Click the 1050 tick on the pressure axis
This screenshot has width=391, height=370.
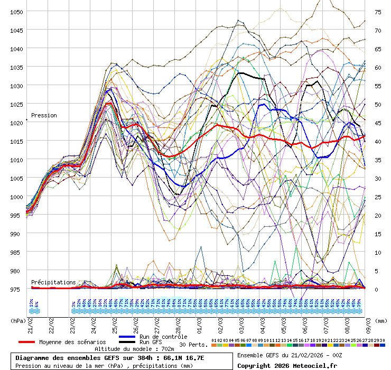[x=15, y=12]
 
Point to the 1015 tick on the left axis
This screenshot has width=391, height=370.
[x=15, y=141]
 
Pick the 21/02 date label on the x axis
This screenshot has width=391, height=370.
[x=31, y=321]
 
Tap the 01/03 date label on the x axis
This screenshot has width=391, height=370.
[x=200, y=321]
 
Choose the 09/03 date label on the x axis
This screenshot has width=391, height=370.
[x=369, y=321]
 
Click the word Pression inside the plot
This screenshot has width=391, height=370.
[x=44, y=115]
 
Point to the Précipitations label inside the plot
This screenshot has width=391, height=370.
[x=53, y=283]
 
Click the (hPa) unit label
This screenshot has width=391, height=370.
[x=18, y=320]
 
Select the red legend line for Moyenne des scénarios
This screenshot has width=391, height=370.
[x=30, y=342]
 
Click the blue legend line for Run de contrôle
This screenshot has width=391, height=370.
[x=127, y=337]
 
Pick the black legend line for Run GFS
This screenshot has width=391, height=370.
[x=127, y=342]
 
